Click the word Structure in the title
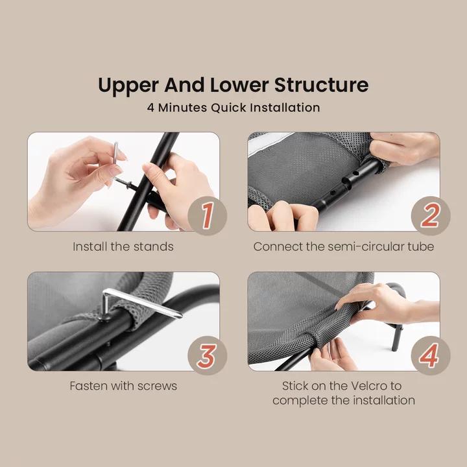click(321, 85)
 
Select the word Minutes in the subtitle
click(182, 108)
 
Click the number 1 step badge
click(208, 215)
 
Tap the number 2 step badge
click(431, 215)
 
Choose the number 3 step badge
click(208, 355)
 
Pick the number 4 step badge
click(431, 355)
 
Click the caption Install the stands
click(123, 246)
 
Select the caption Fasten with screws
click(123, 386)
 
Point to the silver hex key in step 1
click(116, 152)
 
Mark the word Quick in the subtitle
click(228, 108)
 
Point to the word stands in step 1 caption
click(153, 246)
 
